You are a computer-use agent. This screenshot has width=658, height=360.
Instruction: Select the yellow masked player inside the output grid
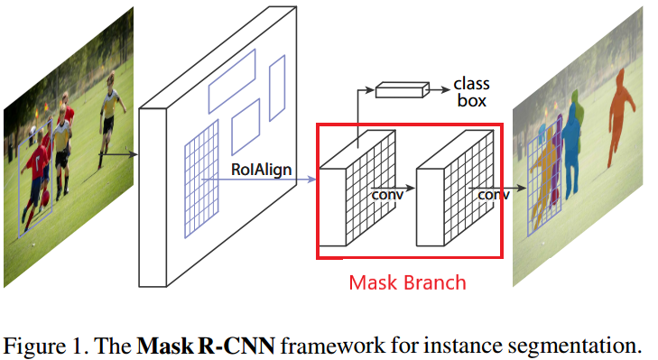(x=545, y=176)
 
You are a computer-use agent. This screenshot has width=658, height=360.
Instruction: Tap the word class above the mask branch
(x=472, y=83)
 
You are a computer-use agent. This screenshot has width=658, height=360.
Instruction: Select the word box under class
(x=470, y=101)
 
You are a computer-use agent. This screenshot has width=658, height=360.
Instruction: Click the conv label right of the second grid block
(x=487, y=193)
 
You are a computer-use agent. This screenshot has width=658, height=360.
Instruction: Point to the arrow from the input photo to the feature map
(x=117, y=154)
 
